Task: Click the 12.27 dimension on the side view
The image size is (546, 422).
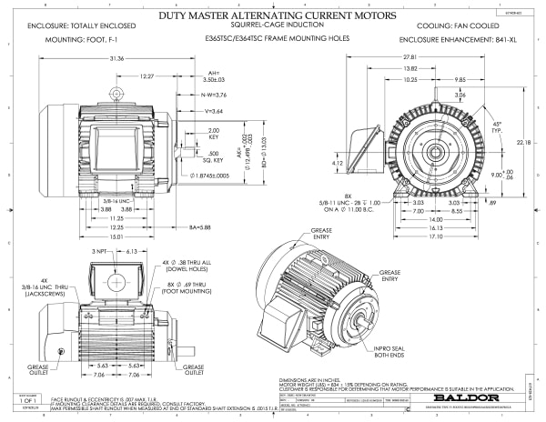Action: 146,77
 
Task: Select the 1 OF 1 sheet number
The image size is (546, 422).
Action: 26,400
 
